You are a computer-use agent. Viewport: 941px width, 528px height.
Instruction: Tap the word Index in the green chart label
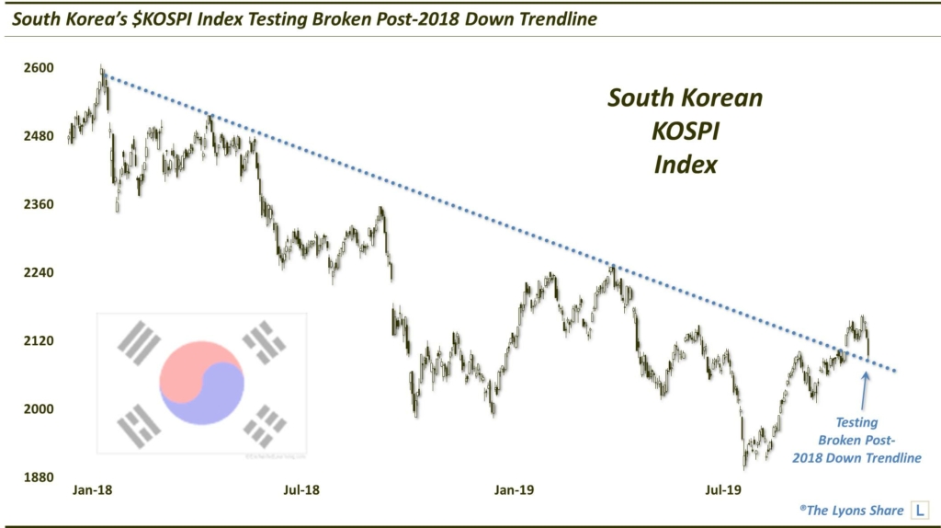pos(686,165)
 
